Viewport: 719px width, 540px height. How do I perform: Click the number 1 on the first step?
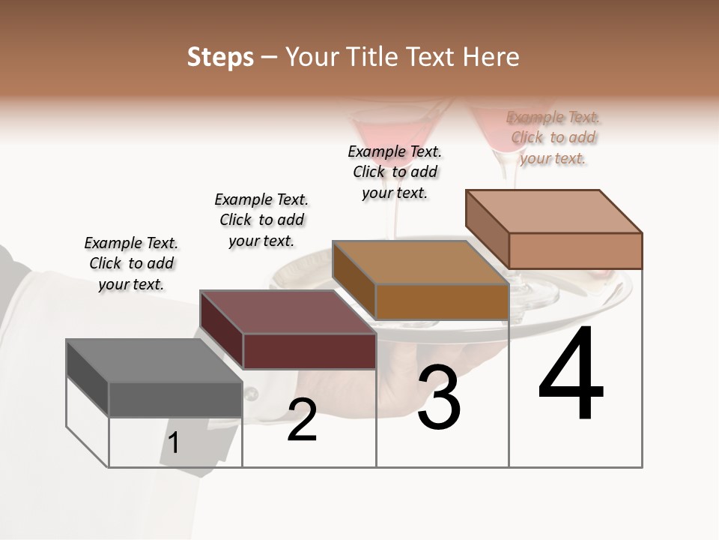tap(174, 442)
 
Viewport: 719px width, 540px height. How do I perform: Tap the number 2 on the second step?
tap(302, 420)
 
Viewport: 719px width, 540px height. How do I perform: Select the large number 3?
tap(439, 397)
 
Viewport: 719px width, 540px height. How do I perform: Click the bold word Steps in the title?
tap(220, 57)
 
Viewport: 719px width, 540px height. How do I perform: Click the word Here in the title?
tap(492, 57)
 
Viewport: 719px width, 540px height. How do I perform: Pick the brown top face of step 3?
tap(419, 262)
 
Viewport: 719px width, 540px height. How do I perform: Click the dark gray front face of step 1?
tap(175, 399)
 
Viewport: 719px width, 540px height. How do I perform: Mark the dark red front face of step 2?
tap(309, 351)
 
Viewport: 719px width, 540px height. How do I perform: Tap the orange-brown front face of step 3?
tap(442, 301)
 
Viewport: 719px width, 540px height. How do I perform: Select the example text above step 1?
tap(131, 263)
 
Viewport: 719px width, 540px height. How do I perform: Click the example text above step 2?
tap(261, 220)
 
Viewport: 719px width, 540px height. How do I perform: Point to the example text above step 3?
tap(395, 172)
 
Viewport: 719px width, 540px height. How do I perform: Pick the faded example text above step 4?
tap(553, 137)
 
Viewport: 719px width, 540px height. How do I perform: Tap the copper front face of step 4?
tap(575, 250)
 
